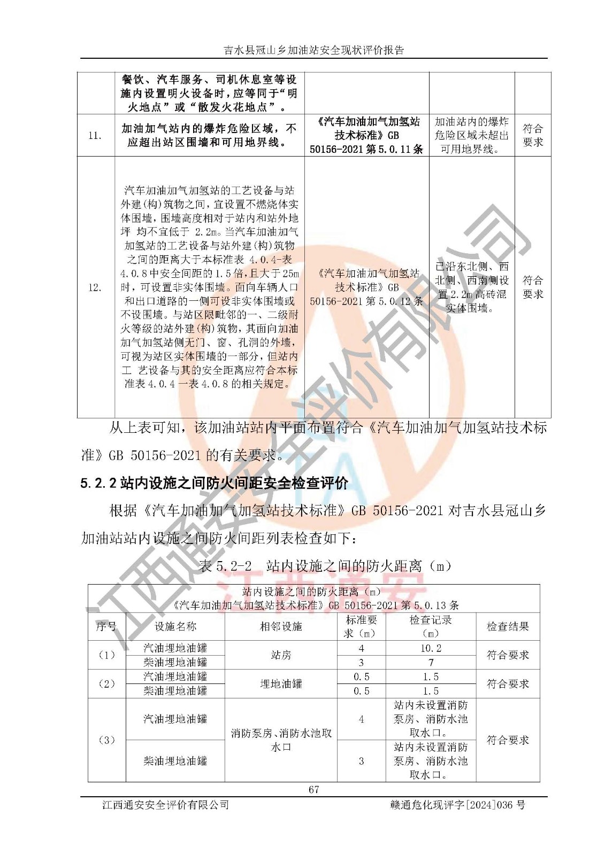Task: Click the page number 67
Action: tap(313, 789)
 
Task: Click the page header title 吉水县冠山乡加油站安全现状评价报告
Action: tap(313, 50)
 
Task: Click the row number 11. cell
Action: tap(95, 136)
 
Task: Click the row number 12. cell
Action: tap(95, 287)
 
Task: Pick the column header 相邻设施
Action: tap(281, 626)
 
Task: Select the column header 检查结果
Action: tap(507, 626)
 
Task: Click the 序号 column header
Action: tap(106, 626)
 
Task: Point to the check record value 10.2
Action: tap(431, 648)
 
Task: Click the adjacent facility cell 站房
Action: tap(281, 655)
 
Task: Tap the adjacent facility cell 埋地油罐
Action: tap(281, 683)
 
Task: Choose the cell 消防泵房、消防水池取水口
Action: tap(281, 740)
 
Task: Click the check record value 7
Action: tap(431, 663)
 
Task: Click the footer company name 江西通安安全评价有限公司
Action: tap(165, 804)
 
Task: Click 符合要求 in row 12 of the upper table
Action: tap(532, 287)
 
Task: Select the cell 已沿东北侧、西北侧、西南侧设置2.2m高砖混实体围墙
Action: tap(471, 287)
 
